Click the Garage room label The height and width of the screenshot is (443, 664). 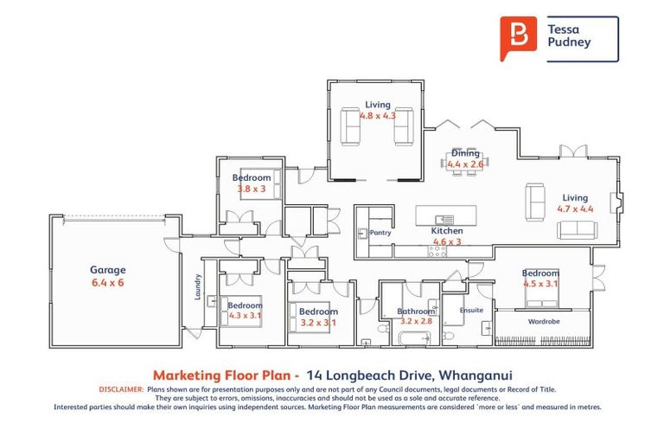pos(109,270)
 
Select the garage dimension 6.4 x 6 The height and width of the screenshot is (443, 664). pos(109,282)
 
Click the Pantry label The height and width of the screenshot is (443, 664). pos(380,233)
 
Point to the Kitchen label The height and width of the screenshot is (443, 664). pos(447,231)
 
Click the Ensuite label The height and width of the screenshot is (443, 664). pos(471,310)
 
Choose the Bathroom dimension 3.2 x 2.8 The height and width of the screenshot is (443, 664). pos(415,321)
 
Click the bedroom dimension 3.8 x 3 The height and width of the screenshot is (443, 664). pos(252,189)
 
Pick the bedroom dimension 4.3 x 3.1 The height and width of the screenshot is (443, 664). pos(245,316)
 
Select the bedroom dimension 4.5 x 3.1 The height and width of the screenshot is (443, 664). pos(540,284)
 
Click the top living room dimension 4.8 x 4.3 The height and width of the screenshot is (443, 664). pos(377,116)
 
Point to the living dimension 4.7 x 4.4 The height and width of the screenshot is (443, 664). pos(575,209)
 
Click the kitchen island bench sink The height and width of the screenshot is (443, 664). pos(444,219)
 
